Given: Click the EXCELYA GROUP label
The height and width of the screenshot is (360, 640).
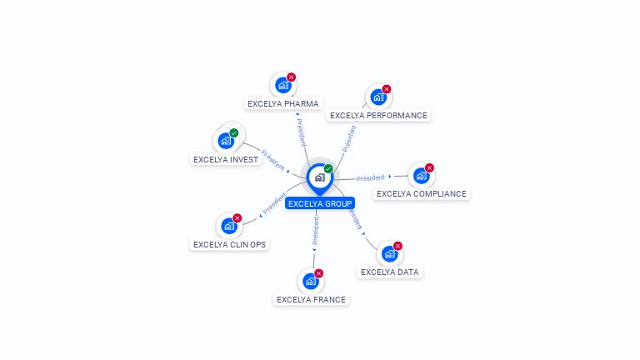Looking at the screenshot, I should [320, 203].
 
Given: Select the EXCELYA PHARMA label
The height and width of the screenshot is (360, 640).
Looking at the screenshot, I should [283, 104].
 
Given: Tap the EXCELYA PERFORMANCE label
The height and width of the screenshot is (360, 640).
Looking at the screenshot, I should [378, 116].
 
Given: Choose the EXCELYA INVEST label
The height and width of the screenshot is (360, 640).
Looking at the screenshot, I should [226, 159].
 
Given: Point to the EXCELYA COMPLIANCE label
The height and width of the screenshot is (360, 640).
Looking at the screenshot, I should [422, 194].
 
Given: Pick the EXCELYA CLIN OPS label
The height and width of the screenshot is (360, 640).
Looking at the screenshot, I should [230, 245].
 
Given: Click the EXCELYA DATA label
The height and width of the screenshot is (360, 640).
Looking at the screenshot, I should [390, 272].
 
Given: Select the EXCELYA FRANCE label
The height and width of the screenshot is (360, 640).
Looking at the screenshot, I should [311, 300].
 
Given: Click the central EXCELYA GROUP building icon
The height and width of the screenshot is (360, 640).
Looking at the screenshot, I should [319, 177].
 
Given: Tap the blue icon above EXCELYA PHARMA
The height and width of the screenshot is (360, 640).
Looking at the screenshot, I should [282, 85].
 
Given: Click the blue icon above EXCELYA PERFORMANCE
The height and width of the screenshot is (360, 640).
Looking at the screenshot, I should [378, 97].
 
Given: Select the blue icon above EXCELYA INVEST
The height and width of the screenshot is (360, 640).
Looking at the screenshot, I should [225, 140].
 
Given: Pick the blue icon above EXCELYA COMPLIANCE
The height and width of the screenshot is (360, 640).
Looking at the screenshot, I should [421, 175].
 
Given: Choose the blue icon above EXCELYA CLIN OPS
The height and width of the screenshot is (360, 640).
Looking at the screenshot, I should [228, 226].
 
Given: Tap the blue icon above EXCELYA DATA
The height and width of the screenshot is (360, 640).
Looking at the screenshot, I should [389, 253].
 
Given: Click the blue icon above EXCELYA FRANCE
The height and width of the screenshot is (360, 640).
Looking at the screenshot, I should [310, 281].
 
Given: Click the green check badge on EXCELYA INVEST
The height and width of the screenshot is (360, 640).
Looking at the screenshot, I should [234, 132].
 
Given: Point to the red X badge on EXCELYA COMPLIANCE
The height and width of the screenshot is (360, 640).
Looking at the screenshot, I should [430, 167].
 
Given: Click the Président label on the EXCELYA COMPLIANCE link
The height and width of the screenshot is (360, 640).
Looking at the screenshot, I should [371, 177].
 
